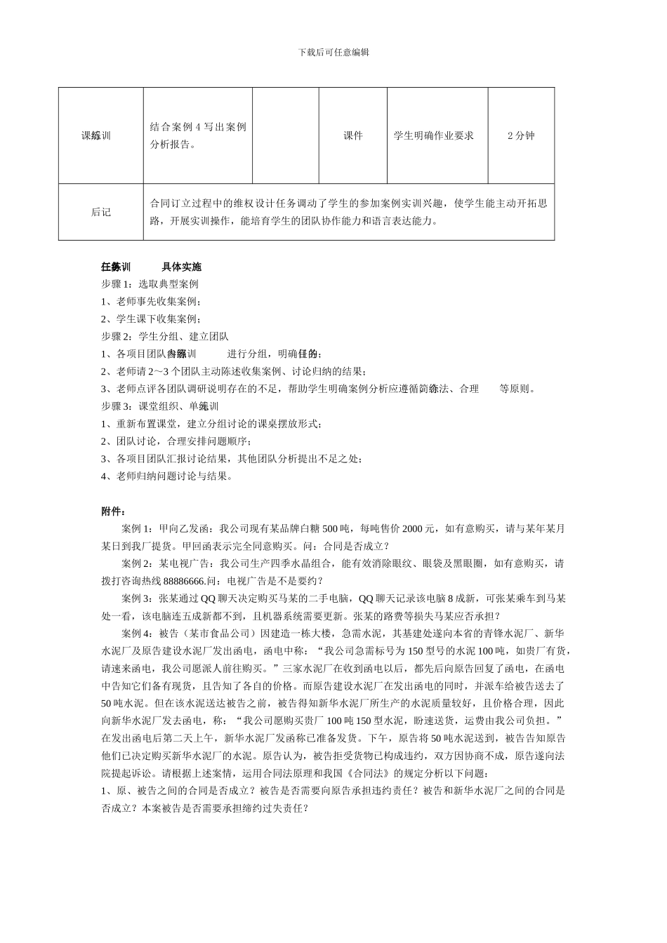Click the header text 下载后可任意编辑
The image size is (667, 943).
333,52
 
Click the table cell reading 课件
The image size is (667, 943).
353,135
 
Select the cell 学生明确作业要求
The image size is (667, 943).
434,135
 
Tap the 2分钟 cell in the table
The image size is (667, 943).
521,135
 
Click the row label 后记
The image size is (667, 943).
101,212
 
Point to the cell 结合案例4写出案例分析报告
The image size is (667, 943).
198,135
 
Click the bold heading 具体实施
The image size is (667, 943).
181,267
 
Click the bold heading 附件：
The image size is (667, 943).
114,511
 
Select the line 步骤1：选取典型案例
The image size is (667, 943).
150,284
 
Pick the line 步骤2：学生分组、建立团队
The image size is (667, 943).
165,337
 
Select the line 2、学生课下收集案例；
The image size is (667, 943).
151,319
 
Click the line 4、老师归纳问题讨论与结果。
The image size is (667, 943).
166,476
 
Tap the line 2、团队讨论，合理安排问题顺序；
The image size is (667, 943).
176,441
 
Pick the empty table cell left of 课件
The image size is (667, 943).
286,135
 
